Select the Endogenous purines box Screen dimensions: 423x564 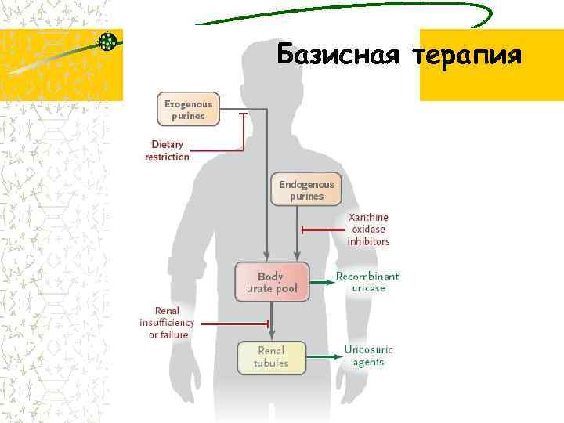pos(306,190)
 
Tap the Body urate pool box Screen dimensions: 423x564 pos(272,282)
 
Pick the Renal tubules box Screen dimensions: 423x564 pos(270,356)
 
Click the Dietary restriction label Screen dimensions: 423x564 pos(167,150)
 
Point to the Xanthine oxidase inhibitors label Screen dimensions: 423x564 pos(368,230)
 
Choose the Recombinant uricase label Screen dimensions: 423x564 pos(367,282)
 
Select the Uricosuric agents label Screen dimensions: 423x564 pos(368,356)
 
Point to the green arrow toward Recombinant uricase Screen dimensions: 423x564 pos(321,282)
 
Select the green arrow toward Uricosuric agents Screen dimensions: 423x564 pos(321,356)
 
